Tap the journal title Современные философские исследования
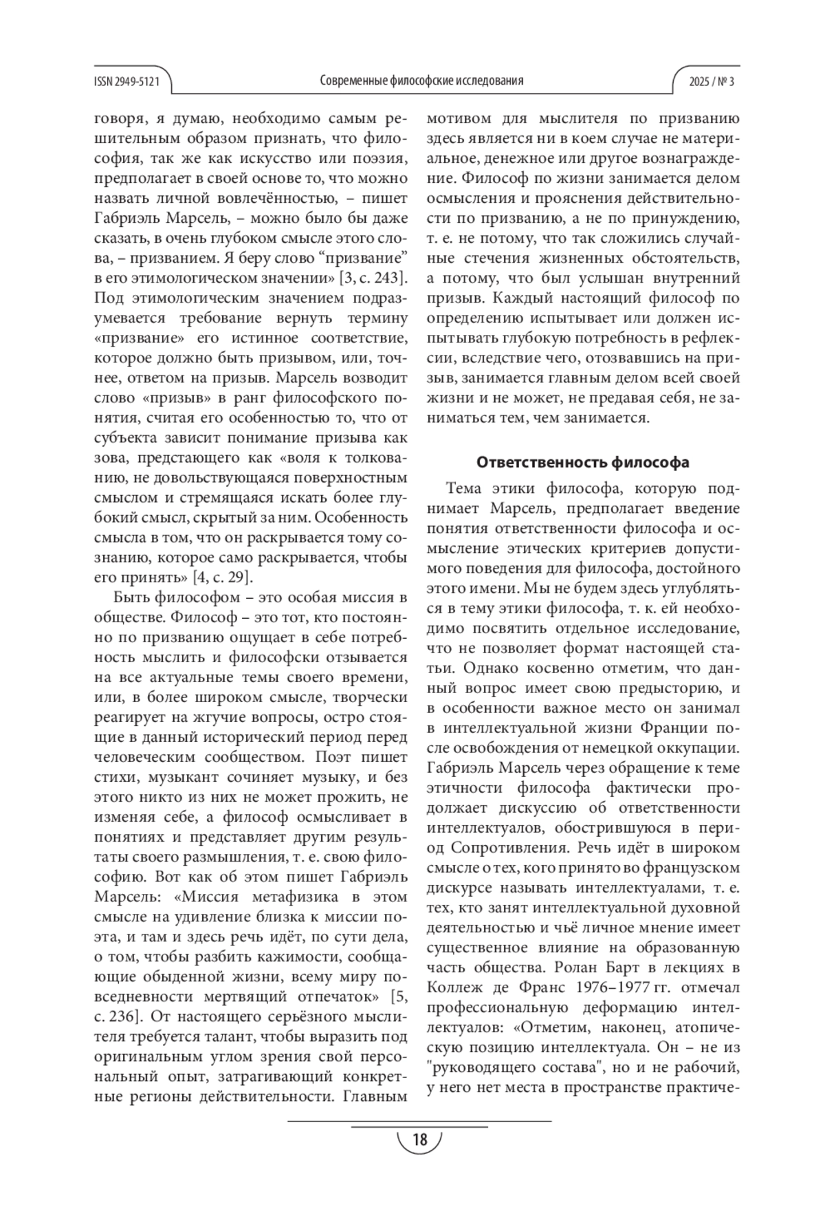[x=421, y=81]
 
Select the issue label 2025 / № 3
[x=712, y=81]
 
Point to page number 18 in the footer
[x=419, y=1139]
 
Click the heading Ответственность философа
[x=583, y=462]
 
